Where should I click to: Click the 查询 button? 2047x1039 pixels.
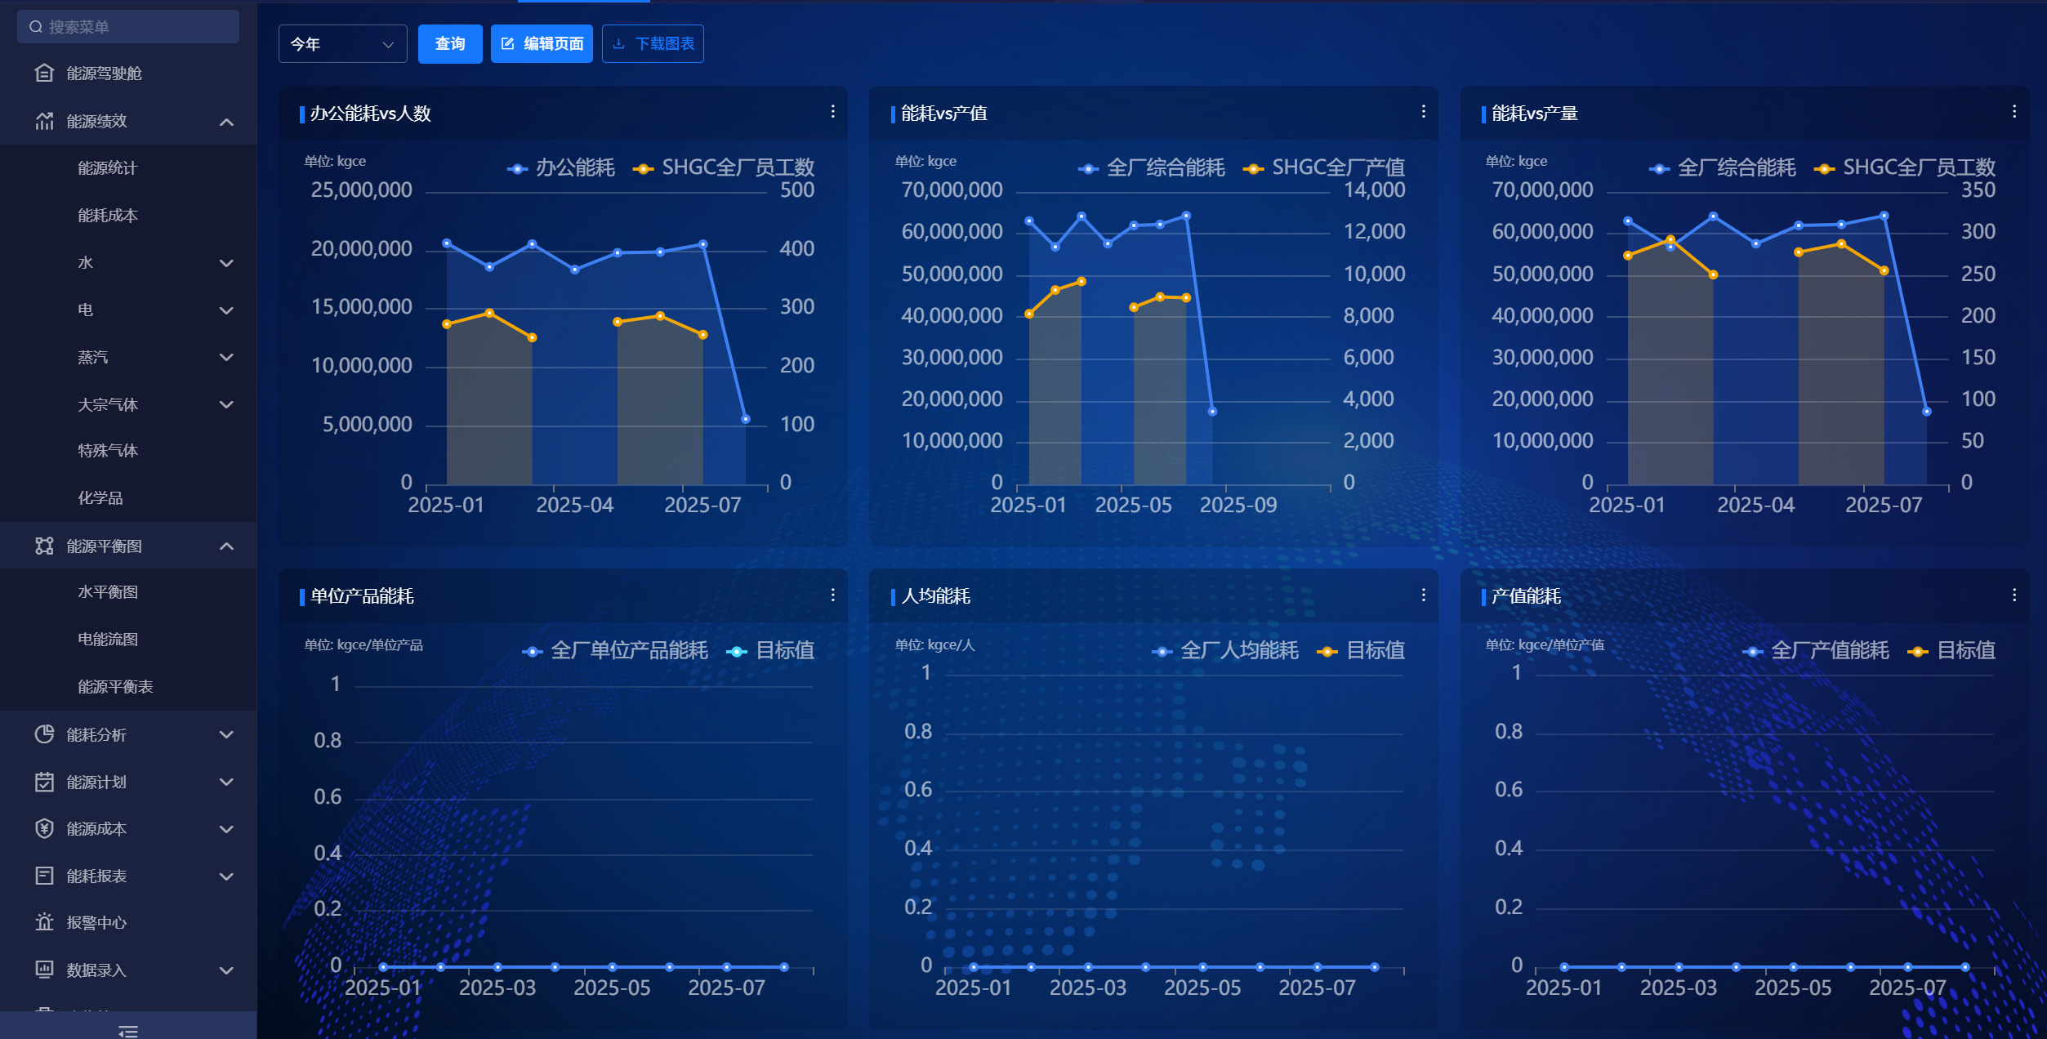[x=450, y=44]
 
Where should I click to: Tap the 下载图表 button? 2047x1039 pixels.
[x=653, y=44]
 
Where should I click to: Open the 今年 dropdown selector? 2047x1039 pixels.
[x=343, y=44]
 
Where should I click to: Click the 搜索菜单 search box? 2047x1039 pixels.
[x=128, y=27]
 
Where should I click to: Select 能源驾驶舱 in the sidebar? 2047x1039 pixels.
[x=104, y=74]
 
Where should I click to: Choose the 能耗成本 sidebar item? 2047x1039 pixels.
[x=108, y=216]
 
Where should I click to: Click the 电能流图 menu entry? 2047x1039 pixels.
[x=108, y=640]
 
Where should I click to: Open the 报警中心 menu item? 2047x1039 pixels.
[x=96, y=923]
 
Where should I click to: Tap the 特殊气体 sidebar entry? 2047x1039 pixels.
[x=108, y=451]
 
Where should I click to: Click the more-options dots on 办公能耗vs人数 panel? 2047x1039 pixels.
[x=832, y=112]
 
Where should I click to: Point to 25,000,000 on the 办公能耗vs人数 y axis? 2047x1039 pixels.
[x=361, y=190]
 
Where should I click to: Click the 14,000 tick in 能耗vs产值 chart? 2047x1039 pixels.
[x=1375, y=190]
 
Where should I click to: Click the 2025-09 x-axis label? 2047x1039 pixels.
[x=1238, y=506]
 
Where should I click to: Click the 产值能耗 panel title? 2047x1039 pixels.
[x=1526, y=596]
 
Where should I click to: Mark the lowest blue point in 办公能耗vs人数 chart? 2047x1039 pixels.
[x=745, y=419]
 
